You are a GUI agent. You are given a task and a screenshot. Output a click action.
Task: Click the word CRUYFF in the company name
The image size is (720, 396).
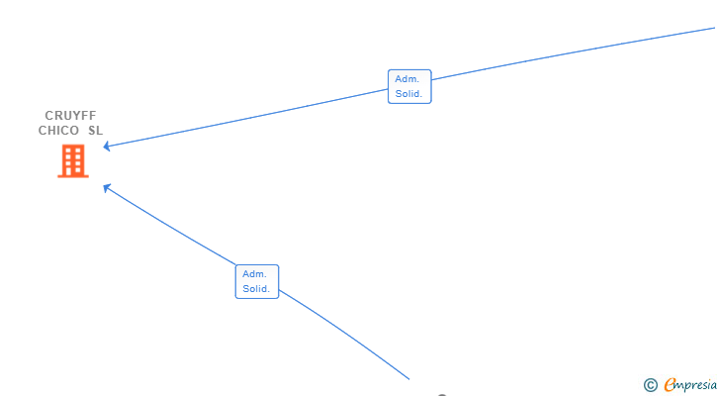click(70, 116)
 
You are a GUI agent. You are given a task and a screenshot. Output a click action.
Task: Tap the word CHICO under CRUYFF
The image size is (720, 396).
click(58, 131)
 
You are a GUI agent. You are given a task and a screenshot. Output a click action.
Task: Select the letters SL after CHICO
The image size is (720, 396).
click(95, 131)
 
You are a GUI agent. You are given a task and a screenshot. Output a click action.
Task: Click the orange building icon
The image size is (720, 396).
click(73, 160)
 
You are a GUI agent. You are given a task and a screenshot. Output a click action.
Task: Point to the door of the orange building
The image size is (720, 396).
click(73, 171)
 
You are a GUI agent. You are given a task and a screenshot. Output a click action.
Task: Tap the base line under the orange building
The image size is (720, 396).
click(73, 176)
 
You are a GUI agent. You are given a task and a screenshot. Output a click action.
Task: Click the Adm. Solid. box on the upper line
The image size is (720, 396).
click(409, 87)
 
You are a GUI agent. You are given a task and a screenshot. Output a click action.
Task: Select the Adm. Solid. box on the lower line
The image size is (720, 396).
click(257, 281)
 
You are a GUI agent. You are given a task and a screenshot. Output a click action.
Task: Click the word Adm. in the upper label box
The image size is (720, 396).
click(407, 79)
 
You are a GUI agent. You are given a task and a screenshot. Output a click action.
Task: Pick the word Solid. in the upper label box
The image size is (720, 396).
click(409, 94)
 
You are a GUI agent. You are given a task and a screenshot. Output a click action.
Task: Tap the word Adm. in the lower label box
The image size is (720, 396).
click(255, 273)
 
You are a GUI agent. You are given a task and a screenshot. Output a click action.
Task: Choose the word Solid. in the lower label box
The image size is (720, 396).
click(257, 289)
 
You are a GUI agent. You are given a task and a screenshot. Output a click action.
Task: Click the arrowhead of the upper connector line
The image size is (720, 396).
click(107, 148)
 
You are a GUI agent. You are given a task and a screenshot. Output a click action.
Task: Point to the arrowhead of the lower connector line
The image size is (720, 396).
click(107, 187)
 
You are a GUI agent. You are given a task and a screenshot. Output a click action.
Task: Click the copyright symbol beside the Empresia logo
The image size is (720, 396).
click(650, 385)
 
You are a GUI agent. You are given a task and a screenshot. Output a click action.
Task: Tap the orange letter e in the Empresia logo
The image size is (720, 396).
click(670, 385)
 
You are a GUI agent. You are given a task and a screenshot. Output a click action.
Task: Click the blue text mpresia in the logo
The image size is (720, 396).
click(697, 385)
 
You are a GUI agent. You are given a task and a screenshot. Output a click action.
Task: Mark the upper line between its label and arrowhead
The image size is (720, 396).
click(247, 119)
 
